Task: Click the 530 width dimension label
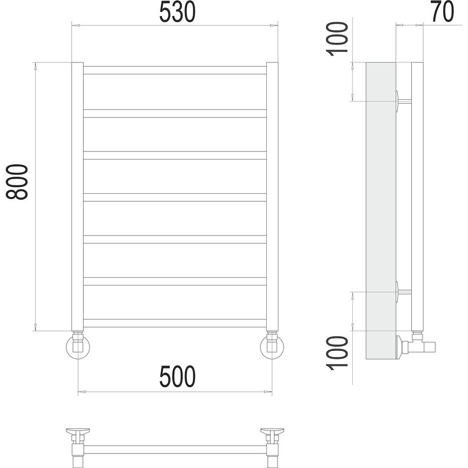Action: click(177, 12)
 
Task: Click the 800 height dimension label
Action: click(17, 182)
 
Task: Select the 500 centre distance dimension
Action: click(177, 376)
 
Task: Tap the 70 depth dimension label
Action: click(443, 12)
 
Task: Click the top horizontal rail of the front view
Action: click(175, 70)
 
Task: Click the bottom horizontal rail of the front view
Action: click(175, 323)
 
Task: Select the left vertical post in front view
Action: click(77, 197)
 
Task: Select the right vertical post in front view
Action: click(272, 197)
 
